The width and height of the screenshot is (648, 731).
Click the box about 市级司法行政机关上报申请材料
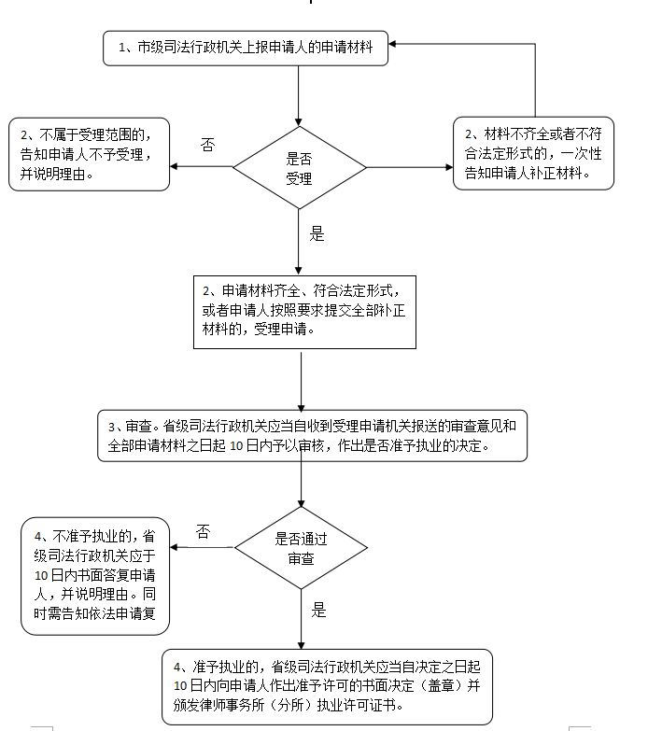(x=246, y=48)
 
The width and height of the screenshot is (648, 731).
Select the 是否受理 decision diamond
(x=300, y=167)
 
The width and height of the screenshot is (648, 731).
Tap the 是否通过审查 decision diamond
(x=302, y=548)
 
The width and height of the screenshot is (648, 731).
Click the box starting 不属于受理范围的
(x=89, y=154)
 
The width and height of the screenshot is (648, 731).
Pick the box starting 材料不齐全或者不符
(x=533, y=153)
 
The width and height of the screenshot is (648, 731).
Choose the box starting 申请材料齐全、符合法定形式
(x=305, y=312)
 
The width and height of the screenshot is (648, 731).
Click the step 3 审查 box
(x=313, y=436)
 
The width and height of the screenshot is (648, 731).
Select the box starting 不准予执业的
(x=95, y=576)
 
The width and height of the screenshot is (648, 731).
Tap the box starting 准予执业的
(x=327, y=687)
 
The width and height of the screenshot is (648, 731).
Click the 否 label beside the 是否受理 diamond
(x=208, y=145)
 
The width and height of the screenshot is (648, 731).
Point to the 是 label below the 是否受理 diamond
(x=317, y=233)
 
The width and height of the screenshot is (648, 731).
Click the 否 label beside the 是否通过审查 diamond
(x=204, y=531)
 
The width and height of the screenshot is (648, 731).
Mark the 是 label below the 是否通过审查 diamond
(x=319, y=610)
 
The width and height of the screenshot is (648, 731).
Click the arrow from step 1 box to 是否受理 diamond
(x=299, y=96)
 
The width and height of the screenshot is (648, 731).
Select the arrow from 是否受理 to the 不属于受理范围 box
(x=202, y=166)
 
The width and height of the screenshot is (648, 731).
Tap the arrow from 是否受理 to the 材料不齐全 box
(x=410, y=167)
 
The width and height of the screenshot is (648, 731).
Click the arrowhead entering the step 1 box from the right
(x=392, y=44)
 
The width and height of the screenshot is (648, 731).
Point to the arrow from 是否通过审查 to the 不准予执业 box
(x=202, y=547)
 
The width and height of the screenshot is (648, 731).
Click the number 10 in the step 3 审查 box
(x=236, y=446)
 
